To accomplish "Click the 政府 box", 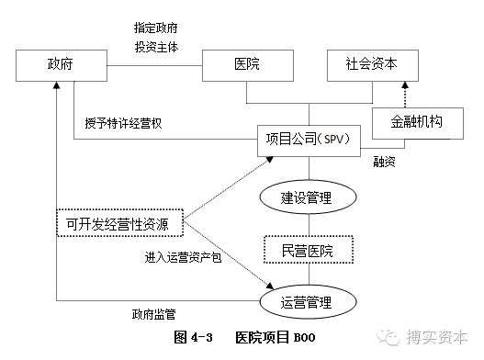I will [x=61, y=65].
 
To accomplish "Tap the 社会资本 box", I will [x=371, y=65].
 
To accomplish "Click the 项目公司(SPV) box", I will [x=309, y=139].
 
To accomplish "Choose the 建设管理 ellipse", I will [x=308, y=196].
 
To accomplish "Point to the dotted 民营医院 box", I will [x=309, y=249].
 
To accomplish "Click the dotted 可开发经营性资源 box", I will [x=118, y=222].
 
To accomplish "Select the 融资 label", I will [x=385, y=162].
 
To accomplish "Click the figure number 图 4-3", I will [x=194, y=337].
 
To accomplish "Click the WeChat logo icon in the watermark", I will [x=395, y=336].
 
